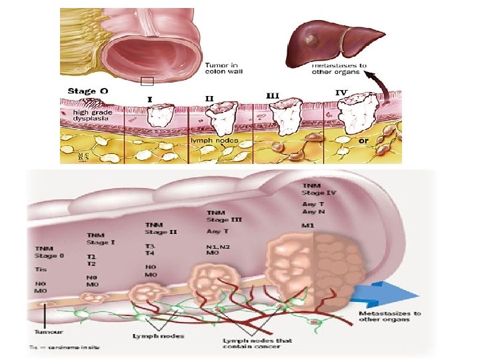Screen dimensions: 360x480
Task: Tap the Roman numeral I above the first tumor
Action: [149, 99]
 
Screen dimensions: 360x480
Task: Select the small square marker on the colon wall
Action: [147, 81]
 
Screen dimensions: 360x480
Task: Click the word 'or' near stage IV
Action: [365, 141]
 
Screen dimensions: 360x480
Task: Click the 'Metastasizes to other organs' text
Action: [389, 316]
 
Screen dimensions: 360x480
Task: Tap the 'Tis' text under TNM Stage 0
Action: [41, 269]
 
